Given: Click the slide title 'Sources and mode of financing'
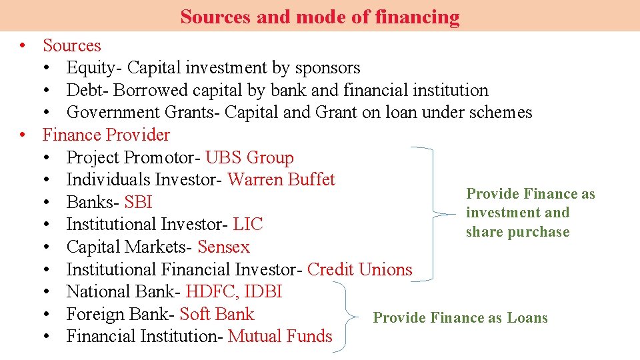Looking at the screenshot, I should coord(320,16).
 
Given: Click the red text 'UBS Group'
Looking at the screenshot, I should coord(249,157).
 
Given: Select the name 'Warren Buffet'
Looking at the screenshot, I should coord(281,180).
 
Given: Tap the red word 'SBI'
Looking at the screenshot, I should coord(139,202).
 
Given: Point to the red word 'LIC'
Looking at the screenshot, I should coord(248,225).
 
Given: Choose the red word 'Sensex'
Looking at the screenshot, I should coord(223,247).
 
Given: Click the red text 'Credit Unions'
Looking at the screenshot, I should coord(360,269).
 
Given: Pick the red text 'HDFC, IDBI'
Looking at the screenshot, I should coord(234,292).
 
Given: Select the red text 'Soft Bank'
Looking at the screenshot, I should coord(217,314).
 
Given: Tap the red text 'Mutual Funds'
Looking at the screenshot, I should coord(280,337).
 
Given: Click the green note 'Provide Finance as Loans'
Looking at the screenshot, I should coord(460,318).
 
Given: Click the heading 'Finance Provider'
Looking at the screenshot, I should coord(106,135).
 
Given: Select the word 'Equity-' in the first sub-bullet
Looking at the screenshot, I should coord(95,68).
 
